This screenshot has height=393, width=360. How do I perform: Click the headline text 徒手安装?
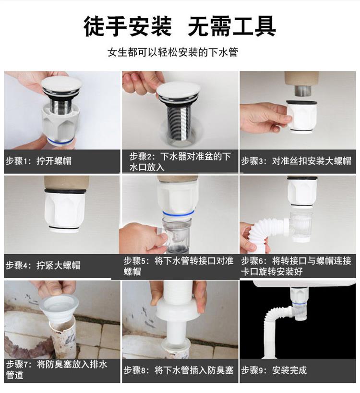tap(127, 26)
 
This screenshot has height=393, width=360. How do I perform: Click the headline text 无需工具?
tap(231, 26)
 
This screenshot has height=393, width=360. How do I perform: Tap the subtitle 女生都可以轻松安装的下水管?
tap(172, 52)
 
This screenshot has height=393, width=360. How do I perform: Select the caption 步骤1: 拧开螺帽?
tap(38, 161)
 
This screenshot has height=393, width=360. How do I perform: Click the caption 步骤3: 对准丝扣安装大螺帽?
tap(296, 161)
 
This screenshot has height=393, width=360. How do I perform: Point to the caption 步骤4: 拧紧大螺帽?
tap(43, 265)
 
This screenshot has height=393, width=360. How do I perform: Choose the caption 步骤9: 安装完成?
tap(274, 370)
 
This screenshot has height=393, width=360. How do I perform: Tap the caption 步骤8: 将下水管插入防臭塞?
tap(179, 370)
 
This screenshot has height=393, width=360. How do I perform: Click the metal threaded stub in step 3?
tap(302, 90)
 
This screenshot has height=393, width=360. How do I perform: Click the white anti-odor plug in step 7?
tap(59, 309)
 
